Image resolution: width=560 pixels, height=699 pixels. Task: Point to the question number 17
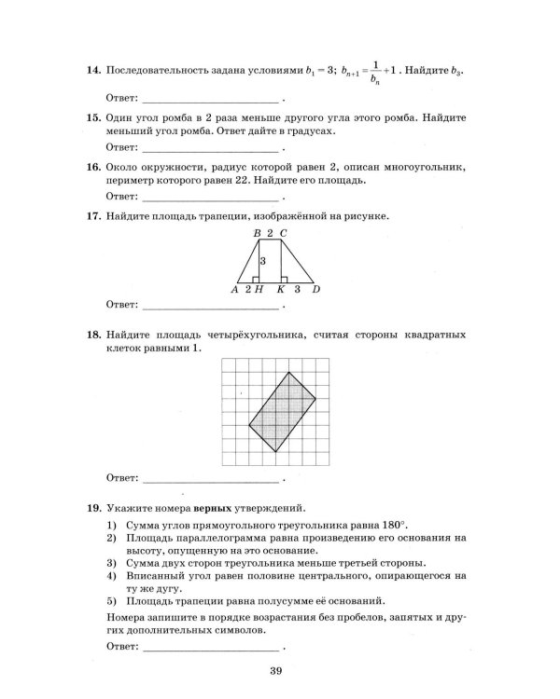click(x=92, y=216)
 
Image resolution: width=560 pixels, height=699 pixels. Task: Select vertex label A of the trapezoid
click(x=235, y=290)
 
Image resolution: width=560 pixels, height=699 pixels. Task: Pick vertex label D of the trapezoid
click(x=316, y=290)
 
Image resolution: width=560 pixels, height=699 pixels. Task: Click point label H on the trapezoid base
click(x=258, y=290)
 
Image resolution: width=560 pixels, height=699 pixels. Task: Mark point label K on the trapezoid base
click(x=280, y=290)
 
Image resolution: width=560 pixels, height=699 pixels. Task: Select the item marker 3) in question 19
click(x=111, y=563)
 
